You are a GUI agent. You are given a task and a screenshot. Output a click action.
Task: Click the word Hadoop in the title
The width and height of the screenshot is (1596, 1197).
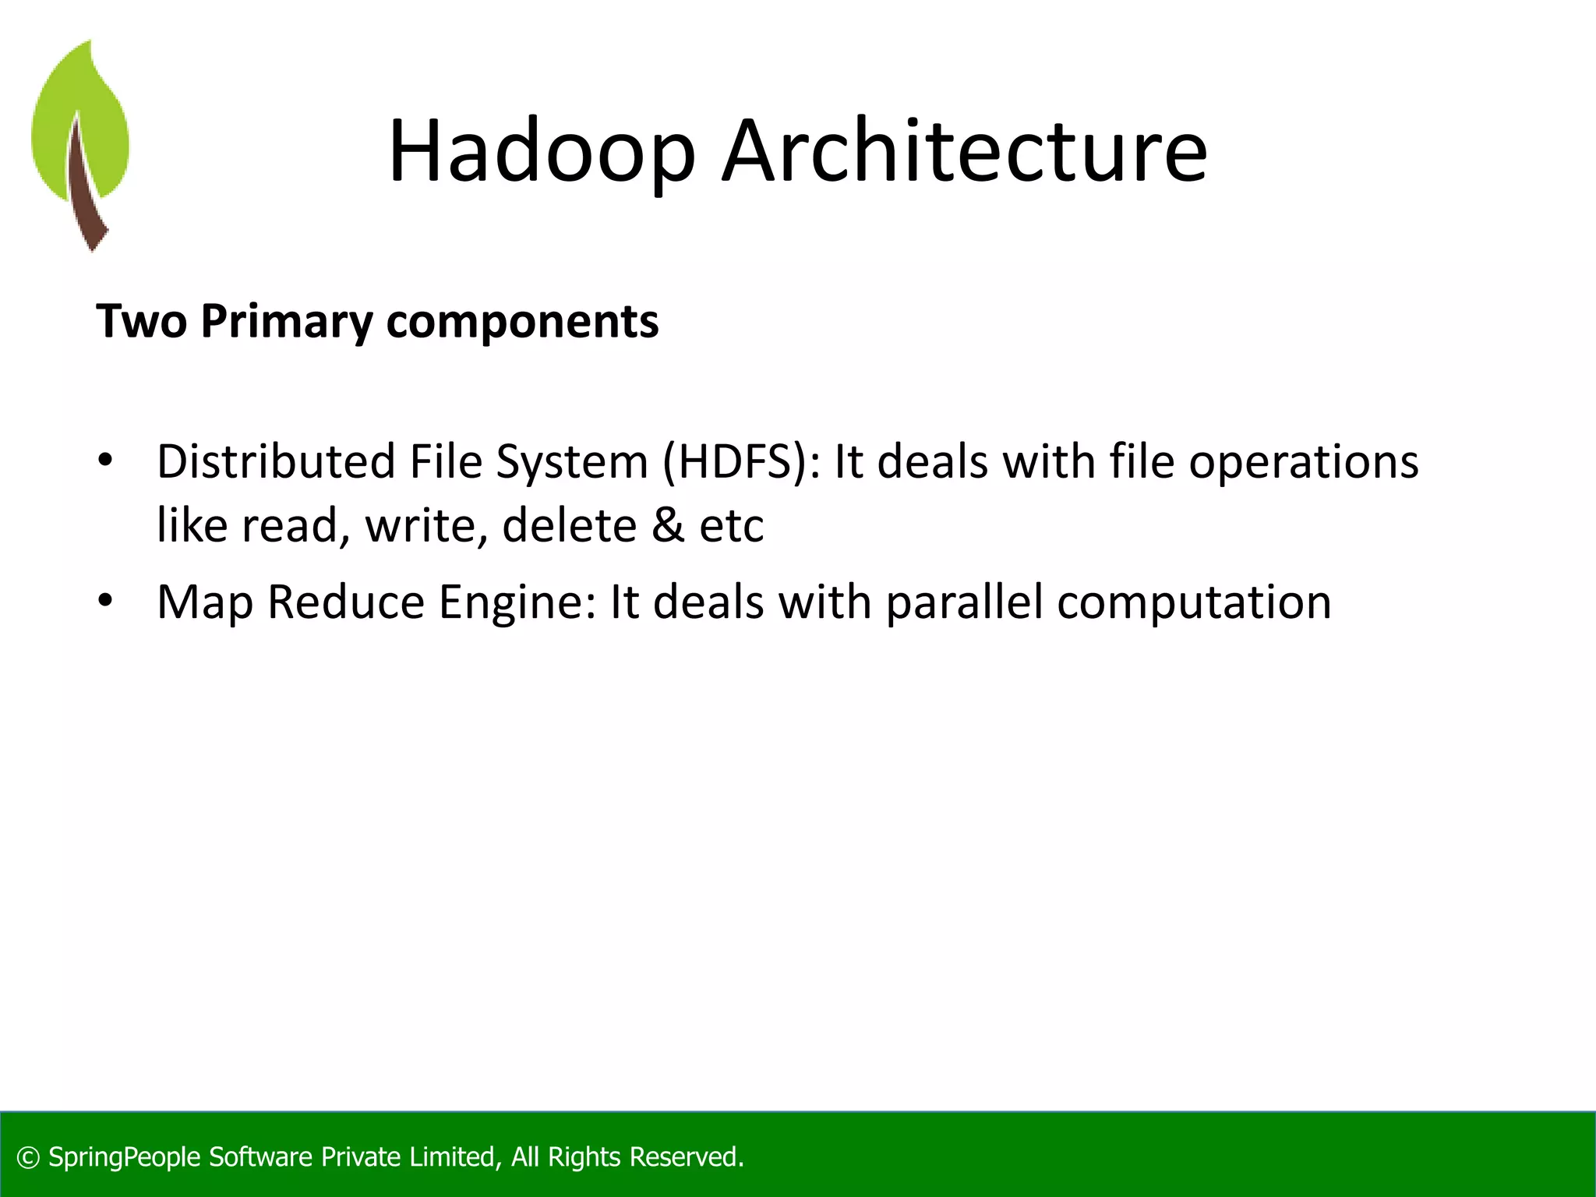[x=541, y=151]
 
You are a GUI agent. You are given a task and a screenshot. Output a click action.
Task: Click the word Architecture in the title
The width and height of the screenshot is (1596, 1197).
[x=964, y=151]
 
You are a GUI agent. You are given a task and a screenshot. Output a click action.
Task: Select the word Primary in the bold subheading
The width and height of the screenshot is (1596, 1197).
[x=287, y=322]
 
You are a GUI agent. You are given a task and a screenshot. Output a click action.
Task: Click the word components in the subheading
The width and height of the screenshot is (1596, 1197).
[x=522, y=322]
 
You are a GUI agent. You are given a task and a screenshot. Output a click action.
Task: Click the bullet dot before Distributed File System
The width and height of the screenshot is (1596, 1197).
[x=105, y=460]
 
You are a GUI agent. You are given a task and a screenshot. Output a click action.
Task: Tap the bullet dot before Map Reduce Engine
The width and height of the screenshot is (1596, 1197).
[x=105, y=601]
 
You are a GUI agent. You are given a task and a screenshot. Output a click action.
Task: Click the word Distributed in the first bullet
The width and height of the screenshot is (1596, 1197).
[x=277, y=462]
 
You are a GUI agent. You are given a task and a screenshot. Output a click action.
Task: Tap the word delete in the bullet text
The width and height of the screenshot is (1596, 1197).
[x=568, y=525]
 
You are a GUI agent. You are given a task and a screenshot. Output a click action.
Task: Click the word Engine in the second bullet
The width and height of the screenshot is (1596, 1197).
[x=517, y=603]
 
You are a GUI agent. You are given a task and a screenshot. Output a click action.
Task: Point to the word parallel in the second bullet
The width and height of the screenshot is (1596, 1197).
[x=964, y=603]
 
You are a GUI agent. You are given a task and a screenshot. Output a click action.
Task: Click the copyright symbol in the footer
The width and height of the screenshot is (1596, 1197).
[x=28, y=1158]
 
